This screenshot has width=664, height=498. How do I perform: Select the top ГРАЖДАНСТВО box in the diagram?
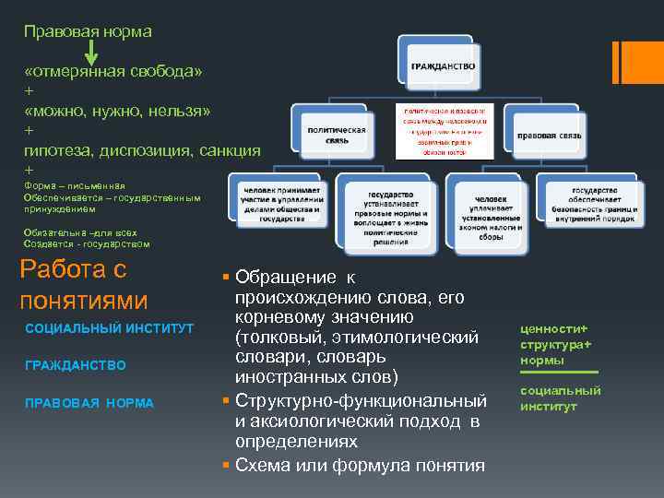pyautogui.click(x=439, y=65)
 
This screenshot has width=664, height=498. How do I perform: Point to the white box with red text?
pyautogui.click(x=446, y=130)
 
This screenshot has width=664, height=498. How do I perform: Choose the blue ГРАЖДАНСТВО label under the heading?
pyautogui.click(x=76, y=366)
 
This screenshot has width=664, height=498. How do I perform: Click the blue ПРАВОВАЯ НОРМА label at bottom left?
pyautogui.click(x=89, y=403)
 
